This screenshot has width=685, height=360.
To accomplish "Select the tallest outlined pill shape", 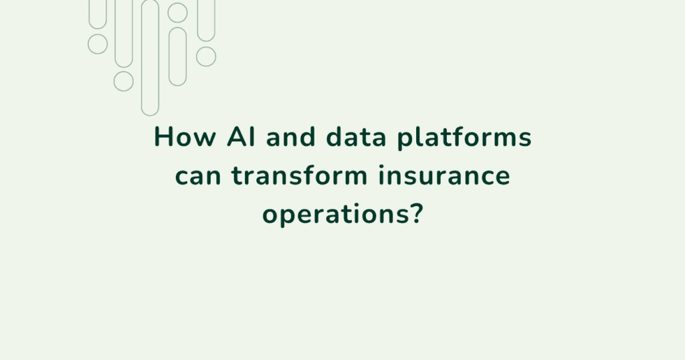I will [151, 57].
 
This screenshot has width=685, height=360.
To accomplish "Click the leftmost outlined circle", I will [98, 44].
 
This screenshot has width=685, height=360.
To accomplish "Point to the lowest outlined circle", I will [124, 82].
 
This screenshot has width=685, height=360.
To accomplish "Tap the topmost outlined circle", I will [177, 12].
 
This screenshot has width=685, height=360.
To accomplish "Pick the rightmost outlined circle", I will [206, 56].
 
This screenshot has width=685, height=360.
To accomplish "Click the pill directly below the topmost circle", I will [177, 56].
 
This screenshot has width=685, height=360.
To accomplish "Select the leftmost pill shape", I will [98, 13].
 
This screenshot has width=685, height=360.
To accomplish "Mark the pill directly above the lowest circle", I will [124, 33].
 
